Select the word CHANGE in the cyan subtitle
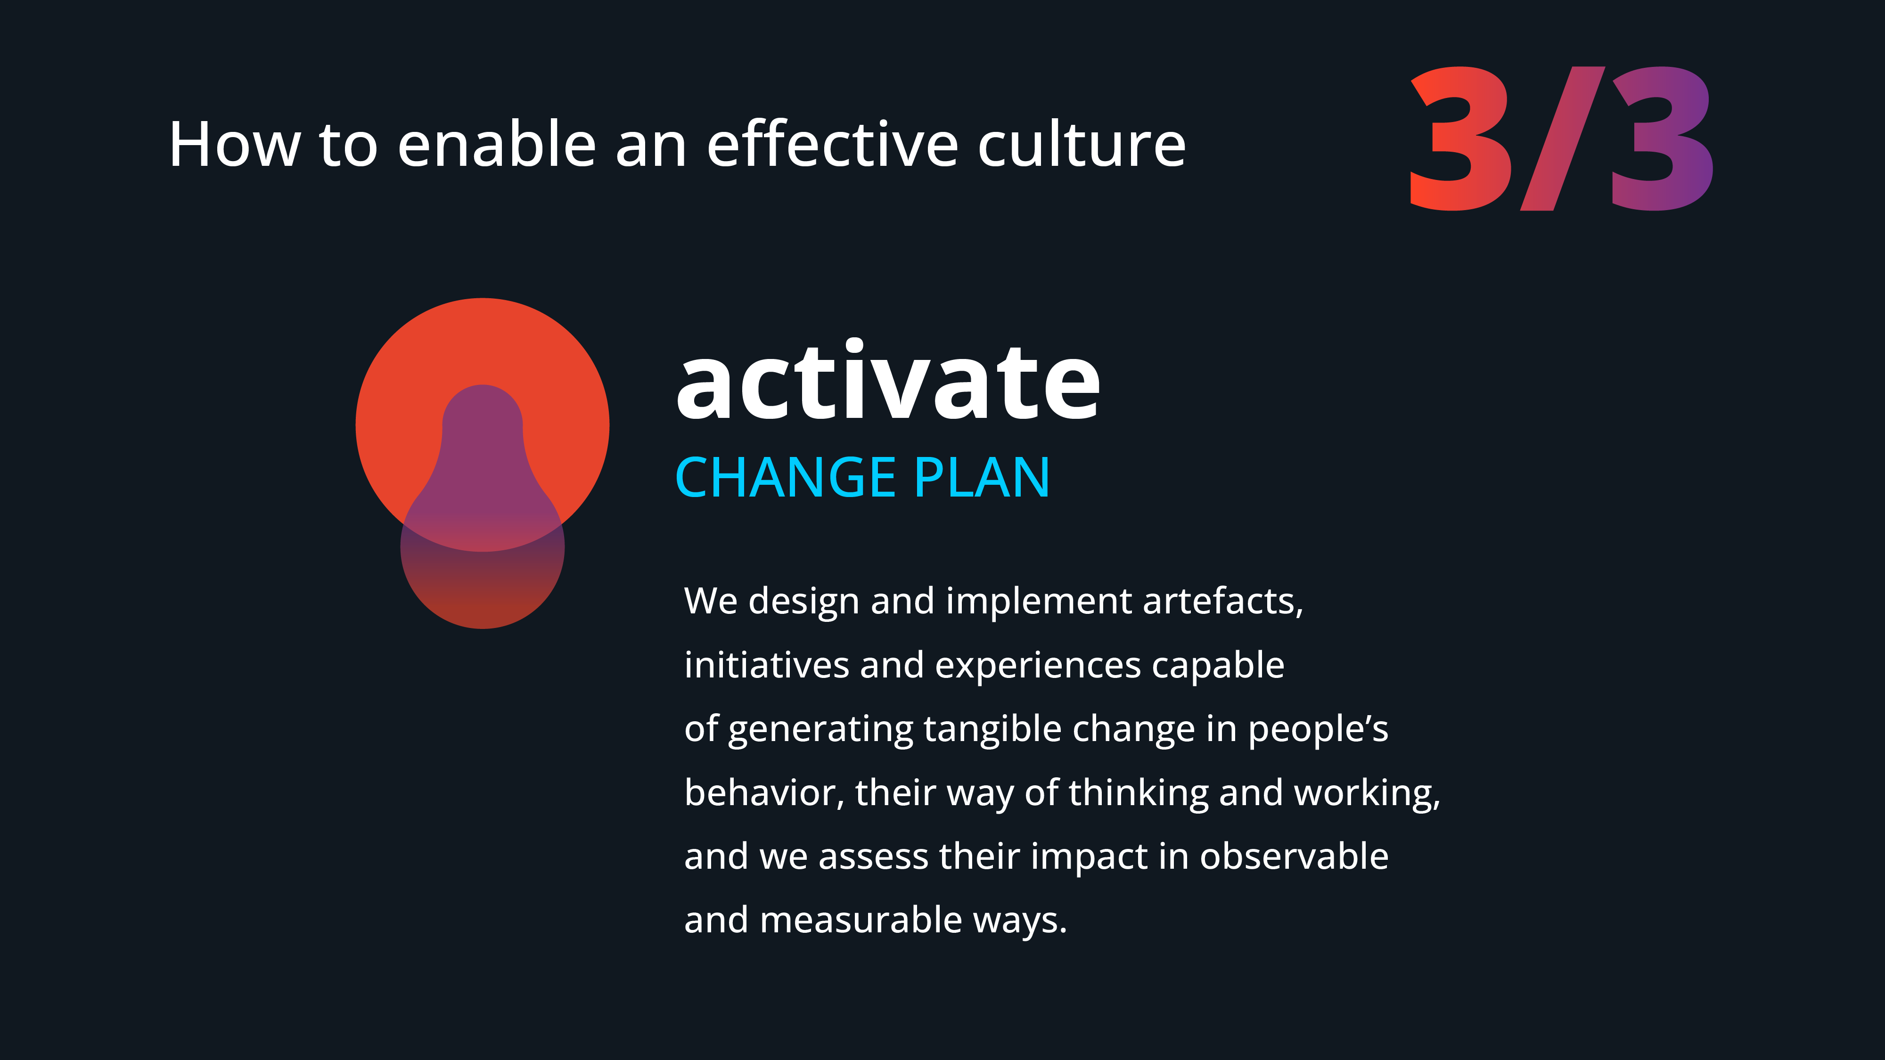point(786,478)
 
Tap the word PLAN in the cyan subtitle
point(982,478)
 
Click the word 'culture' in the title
point(1082,144)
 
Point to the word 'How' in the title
point(235,145)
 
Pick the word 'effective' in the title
point(833,144)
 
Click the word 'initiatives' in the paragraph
point(766,665)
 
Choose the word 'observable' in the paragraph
point(1294,856)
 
